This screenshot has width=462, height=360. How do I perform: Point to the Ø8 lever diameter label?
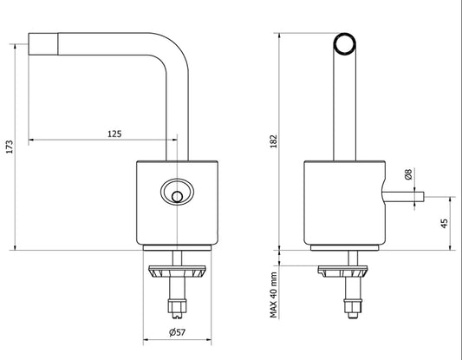pyautogui.click(x=407, y=175)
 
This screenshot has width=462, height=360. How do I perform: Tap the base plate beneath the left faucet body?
pyautogui.click(x=178, y=250)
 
